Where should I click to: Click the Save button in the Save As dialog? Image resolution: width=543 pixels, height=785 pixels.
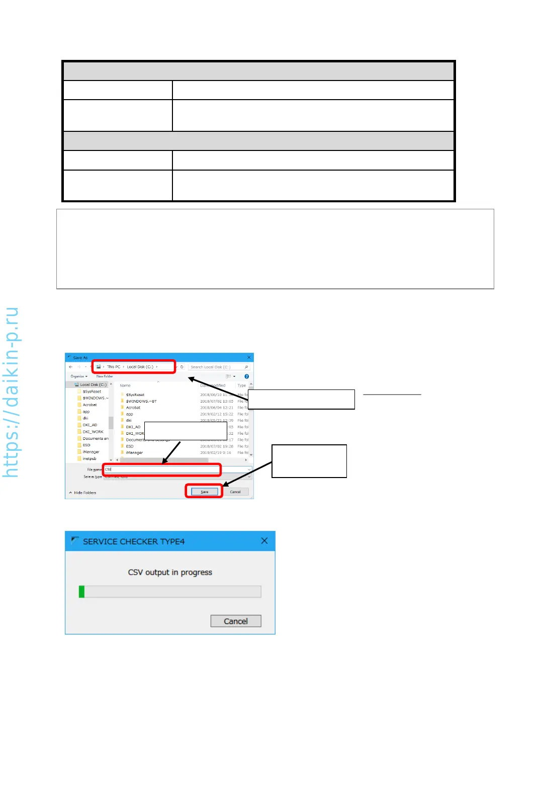click(205, 492)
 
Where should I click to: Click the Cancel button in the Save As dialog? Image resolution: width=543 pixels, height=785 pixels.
click(235, 492)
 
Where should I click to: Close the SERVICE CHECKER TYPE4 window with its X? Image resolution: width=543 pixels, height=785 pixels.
click(264, 541)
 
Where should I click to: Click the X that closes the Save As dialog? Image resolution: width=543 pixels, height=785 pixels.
click(249, 358)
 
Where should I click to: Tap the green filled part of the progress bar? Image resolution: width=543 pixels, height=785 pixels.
click(81, 592)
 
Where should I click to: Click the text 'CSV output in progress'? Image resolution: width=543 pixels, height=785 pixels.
click(170, 573)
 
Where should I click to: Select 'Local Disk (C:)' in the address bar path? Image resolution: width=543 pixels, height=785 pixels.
click(140, 367)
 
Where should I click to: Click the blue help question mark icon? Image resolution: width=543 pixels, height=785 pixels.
click(246, 376)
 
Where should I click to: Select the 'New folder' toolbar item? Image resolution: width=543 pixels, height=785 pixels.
click(105, 376)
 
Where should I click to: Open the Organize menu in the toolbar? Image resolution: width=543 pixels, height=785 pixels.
click(78, 376)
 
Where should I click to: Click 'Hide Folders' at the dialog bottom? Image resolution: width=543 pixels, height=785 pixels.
click(84, 493)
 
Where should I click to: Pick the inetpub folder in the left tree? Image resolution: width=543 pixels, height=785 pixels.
click(89, 458)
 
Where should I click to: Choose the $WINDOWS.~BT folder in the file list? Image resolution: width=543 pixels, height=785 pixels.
click(141, 401)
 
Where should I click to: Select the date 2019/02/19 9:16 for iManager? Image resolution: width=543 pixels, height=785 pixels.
click(216, 452)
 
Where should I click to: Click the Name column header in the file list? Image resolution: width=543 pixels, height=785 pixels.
click(125, 385)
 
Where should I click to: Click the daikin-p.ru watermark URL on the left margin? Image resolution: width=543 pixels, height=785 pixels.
click(11, 392)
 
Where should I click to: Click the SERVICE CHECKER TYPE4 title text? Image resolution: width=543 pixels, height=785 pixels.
click(134, 541)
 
